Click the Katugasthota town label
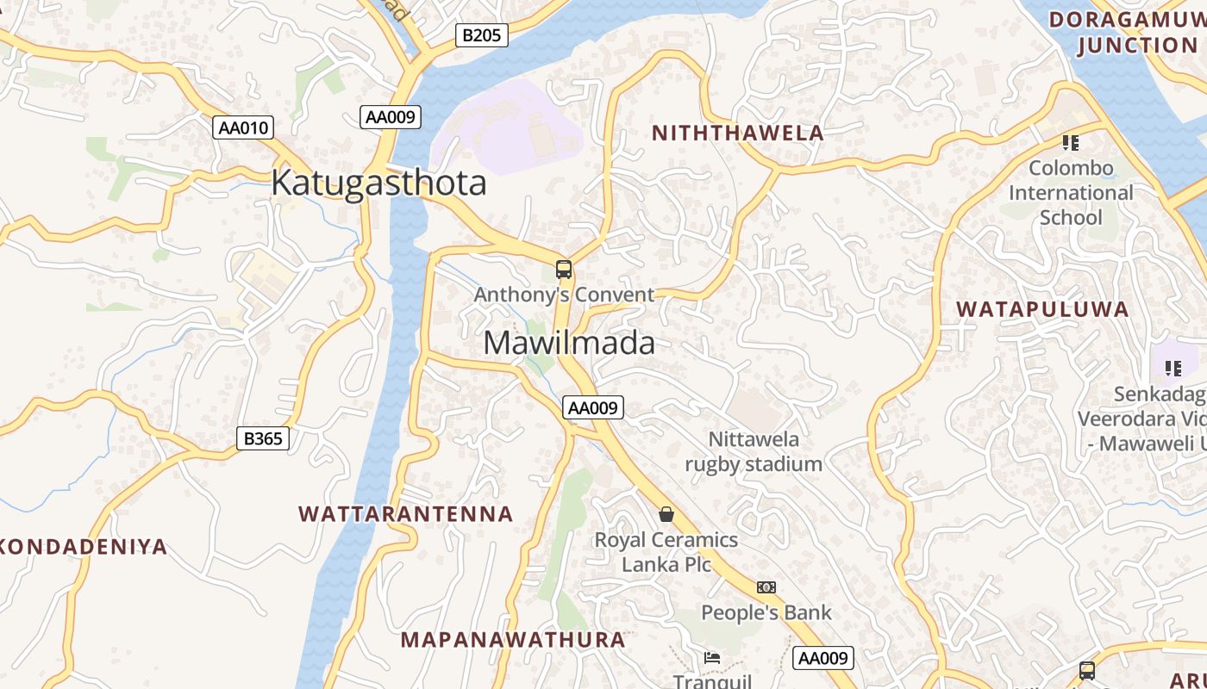[x=378, y=183]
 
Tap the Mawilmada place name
[x=569, y=343]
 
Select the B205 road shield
[x=481, y=35]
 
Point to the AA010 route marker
[x=244, y=128]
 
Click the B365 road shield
[x=263, y=438]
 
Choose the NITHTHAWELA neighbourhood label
[x=738, y=133]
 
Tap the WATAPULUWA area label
[x=1042, y=309]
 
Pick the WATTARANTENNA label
[x=406, y=514]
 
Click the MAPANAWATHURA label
[x=513, y=640]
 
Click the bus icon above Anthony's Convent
[x=564, y=270]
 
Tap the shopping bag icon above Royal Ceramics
[x=666, y=515]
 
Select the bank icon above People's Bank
[x=766, y=587]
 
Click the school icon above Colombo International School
[x=1071, y=143]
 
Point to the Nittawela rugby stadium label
[x=754, y=452]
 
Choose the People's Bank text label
[x=766, y=613]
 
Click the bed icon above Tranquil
[x=712, y=658]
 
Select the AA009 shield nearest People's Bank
[x=823, y=658]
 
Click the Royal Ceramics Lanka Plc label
[x=666, y=552]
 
